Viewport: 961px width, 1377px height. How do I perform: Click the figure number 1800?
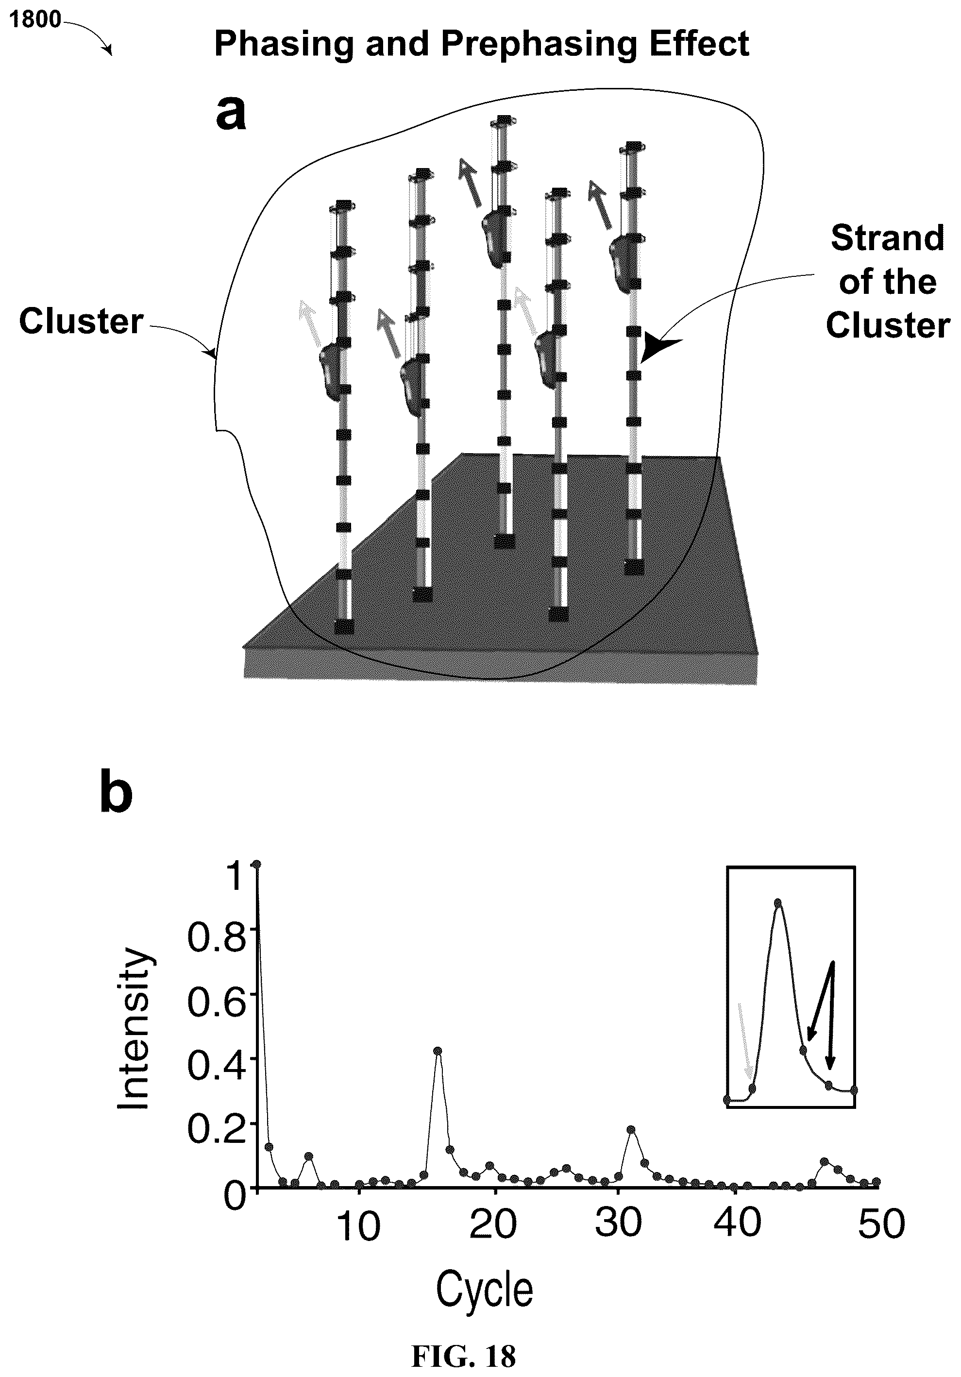[x=35, y=20]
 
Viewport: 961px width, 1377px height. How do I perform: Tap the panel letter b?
[x=116, y=792]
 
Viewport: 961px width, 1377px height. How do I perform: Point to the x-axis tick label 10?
[x=358, y=1226]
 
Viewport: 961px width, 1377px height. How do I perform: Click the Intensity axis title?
[x=133, y=1029]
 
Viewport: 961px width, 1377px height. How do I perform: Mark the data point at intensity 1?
[x=256, y=864]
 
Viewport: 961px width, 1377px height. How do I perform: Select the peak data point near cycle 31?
[x=631, y=1129]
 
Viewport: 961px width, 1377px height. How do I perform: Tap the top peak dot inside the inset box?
[x=777, y=902]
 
